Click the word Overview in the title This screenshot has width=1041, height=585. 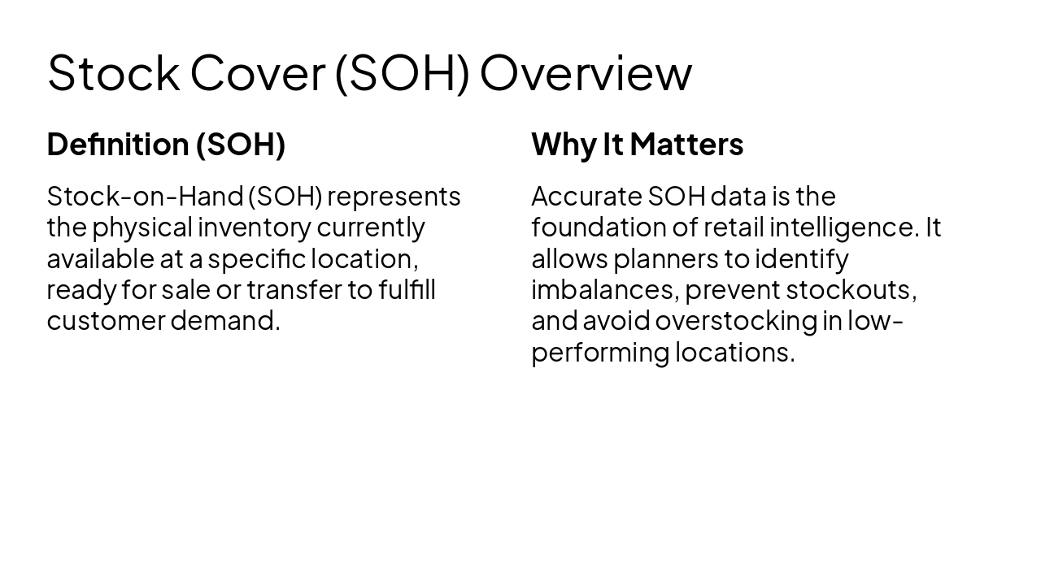tap(586, 73)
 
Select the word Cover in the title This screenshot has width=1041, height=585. tap(257, 73)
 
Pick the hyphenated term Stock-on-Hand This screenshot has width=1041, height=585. tap(145, 197)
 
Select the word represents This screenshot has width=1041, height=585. tap(394, 197)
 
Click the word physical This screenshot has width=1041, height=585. tap(142, 227)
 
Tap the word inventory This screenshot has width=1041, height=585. tap(255, 227)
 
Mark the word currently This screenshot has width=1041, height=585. tap(371, 227)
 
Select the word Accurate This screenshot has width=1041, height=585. tap(586, 197)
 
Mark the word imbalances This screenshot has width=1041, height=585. tap(604, 290)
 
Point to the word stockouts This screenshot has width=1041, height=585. tap(851, 290)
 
